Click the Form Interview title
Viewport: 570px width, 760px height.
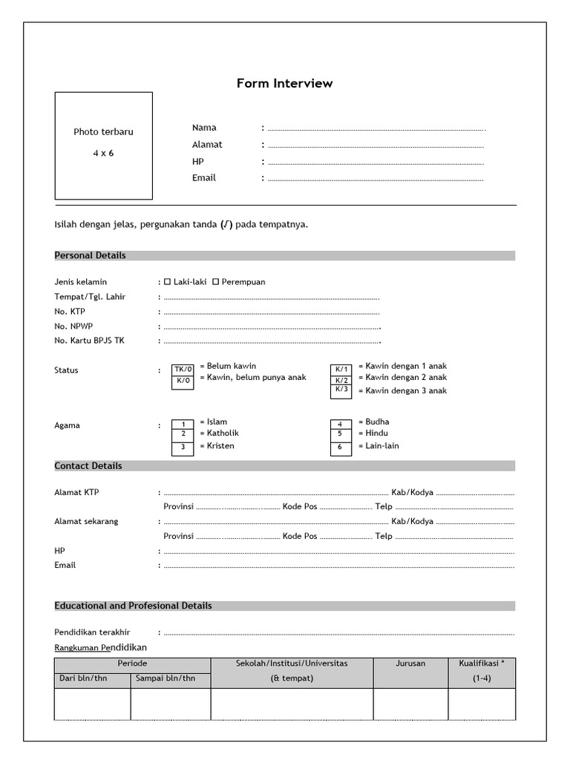[x=284, y=84]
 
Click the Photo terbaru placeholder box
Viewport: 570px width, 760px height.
[x=103, y=145]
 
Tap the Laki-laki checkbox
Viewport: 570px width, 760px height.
[x=168, y=282]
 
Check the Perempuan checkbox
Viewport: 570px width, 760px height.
[x=216, y=282]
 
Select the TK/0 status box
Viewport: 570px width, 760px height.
[x=183, y=370]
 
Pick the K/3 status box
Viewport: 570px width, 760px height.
[x=341, y=390]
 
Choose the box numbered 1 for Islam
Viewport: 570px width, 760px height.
[x=183, y=423]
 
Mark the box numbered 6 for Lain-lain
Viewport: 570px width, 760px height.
[x=340, y=448]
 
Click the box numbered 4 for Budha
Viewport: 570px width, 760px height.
[x=340, y=424]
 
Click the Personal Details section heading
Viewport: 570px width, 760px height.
[x=91, y=255]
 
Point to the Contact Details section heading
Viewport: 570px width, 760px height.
[x=88, y=466]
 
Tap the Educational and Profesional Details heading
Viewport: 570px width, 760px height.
[x=134, y=606]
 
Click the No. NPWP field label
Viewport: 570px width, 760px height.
[x=73, y=327]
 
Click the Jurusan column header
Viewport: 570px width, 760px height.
[x=410, y=664]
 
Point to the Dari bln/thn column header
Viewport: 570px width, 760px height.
[x=83, y=678]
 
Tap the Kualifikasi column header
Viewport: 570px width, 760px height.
[x=482, y=664]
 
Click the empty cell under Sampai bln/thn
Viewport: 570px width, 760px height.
[x=171, y=704]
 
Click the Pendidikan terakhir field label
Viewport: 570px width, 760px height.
[x=93, y=632]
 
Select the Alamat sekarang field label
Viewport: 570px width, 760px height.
[x=86, y=521]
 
